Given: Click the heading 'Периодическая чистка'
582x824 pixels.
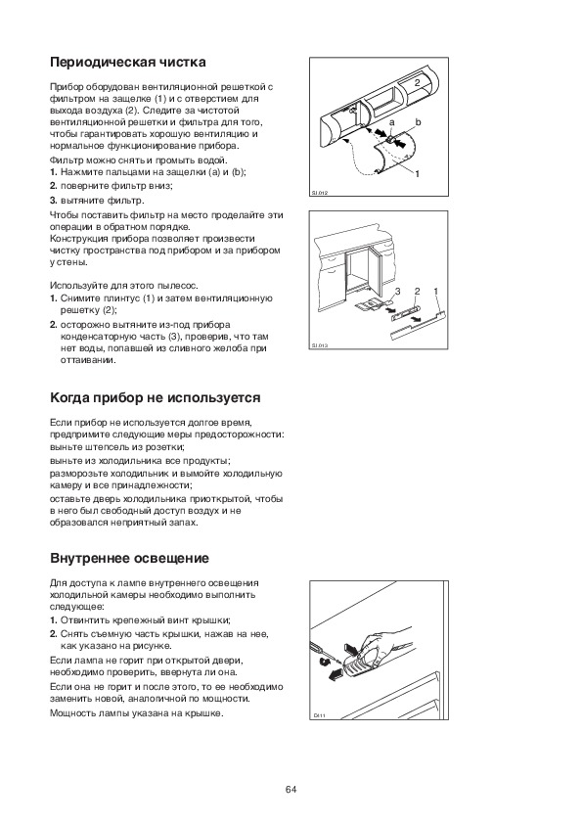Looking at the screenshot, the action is pos(127,63).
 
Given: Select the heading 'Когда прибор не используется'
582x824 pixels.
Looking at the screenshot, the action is pos(155,398).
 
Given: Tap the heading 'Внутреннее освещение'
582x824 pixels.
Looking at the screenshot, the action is pos(129,558).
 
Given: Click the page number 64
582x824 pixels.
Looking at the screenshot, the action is pos(291,790).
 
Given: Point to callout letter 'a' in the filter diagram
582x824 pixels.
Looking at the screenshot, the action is pos(392,123).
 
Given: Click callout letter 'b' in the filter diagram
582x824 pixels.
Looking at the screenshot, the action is pos(418,122).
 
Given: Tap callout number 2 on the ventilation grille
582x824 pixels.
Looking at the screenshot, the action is pos(417,82).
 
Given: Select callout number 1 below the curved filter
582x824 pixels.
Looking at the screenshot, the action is pos(418,173).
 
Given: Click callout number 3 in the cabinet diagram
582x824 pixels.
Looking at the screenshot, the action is pos(397,291).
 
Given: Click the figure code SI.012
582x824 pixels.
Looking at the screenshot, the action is pos(318,193).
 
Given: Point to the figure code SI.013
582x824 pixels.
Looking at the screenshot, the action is pos(318,346).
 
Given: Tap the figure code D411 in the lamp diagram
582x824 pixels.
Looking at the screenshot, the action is pos(319,715).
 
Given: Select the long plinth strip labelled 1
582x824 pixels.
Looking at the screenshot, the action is pos(418,325).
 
